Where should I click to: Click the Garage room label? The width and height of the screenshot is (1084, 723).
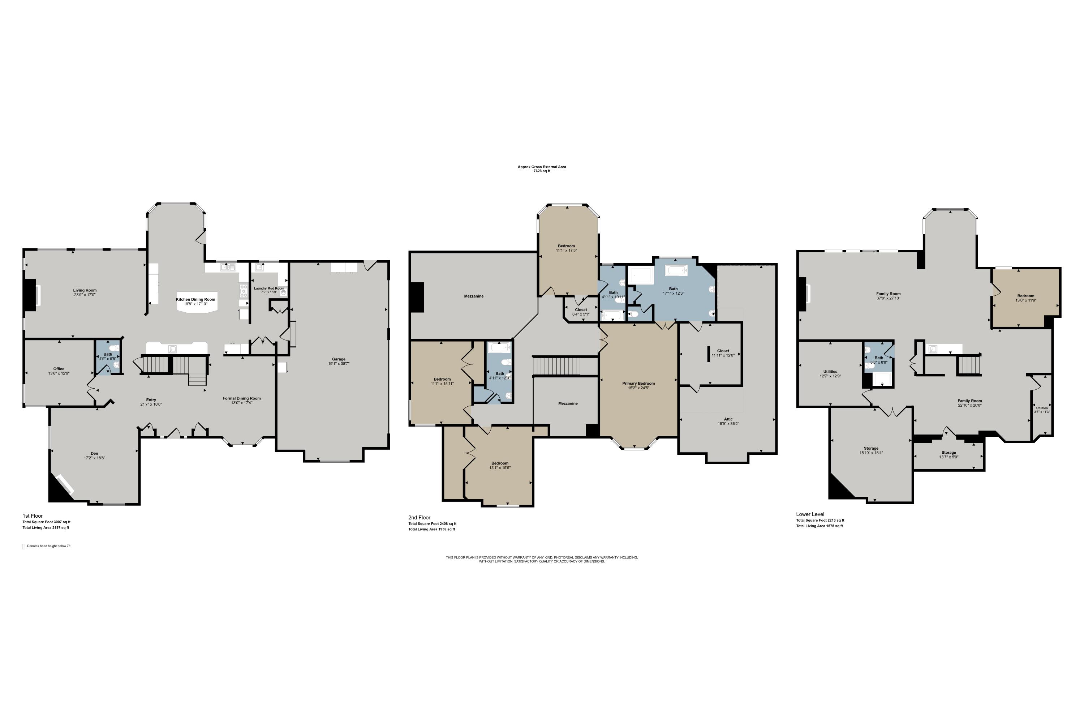point(338,359)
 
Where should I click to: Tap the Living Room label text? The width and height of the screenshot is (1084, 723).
point(85,291)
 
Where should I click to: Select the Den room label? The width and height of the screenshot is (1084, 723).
point(94,453)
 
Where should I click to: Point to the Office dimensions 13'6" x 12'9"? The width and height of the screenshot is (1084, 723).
point(59,373)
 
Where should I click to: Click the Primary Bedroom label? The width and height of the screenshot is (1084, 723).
point(638,383)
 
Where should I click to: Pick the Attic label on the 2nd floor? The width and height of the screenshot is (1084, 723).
point(728,419)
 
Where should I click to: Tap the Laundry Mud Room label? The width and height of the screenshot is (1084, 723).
point(269,288)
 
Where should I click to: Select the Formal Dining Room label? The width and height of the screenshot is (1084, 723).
point(241,398)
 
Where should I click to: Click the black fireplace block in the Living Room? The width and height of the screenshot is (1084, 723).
point(30,295)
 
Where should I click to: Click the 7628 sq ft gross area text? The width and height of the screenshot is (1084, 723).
point(542,171)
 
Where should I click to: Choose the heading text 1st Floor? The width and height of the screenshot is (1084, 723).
point(33,516)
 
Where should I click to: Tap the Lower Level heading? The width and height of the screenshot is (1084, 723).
point(810,514)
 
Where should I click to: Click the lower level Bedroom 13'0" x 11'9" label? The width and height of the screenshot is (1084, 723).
point(1025,296)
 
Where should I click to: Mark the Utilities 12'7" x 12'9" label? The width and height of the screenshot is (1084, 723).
point(830,372)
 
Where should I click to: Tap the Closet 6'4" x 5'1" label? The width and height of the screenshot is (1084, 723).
point(581,310)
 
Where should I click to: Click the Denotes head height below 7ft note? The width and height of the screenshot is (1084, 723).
point(48,546)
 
